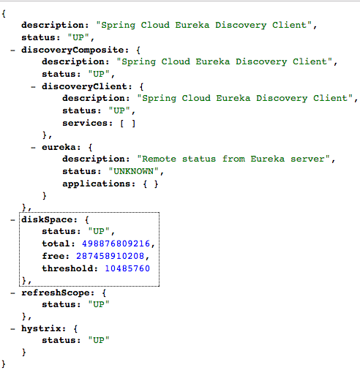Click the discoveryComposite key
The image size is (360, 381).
tap(72, 50)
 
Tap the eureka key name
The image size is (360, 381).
tap(59, 147)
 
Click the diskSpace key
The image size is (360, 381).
tap(47, 219)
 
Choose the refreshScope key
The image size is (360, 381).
tap(56, 293)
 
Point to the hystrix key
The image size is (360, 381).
tap(41, 328)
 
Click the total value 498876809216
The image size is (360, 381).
tap(116, 244)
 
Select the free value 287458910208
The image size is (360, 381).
tap(110, 256)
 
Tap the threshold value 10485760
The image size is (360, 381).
tap(127, 268)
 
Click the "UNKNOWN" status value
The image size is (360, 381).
tap(133, 171)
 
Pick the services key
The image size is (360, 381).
tap(85, 123)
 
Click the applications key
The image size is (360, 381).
tap(97, 184)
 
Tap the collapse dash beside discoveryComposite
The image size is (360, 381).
tap(12, 50)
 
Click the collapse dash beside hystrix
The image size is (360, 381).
tap(12, 329)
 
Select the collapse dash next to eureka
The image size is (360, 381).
tap(33, 148)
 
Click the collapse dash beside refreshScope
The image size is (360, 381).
tap(12, 293)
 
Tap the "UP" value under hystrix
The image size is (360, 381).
tap(99, 340)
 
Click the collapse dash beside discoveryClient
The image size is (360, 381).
tap(33, 87)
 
